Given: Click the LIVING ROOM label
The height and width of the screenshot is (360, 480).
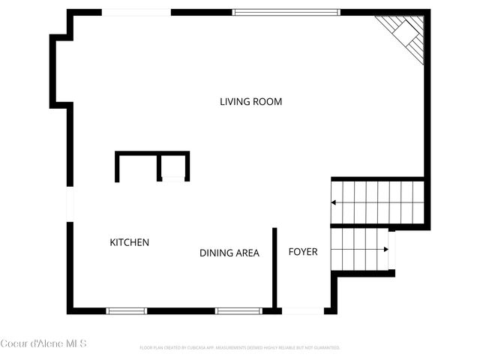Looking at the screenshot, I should point(250,101).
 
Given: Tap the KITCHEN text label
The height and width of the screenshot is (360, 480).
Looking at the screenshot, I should point(130,242).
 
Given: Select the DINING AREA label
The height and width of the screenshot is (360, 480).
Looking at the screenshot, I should point(229,253).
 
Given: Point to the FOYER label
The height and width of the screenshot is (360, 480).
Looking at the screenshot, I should point(303,251).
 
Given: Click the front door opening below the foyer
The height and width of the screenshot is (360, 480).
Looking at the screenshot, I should point(302,310).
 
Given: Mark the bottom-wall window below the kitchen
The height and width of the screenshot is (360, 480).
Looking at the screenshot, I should point(126,310).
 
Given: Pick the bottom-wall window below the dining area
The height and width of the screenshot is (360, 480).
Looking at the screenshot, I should point(238,310).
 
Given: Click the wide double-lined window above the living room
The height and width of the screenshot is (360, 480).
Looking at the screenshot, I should point(286,12).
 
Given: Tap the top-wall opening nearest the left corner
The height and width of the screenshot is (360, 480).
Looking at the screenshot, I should point(136,12).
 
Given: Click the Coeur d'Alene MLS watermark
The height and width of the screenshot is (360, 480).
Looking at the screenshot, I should point(43,343).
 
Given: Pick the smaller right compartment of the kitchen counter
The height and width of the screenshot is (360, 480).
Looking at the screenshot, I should point(174,166).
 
